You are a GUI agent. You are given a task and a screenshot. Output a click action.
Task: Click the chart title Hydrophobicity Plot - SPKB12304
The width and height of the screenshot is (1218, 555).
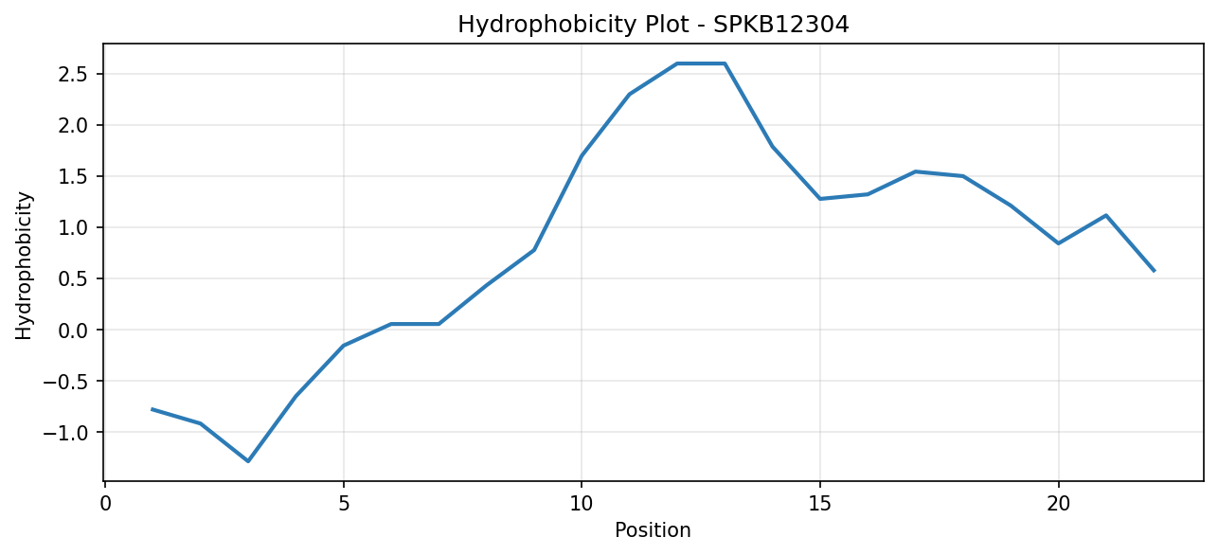(654, 25)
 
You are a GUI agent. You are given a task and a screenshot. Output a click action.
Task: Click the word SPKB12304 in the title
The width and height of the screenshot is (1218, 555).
(780, 25)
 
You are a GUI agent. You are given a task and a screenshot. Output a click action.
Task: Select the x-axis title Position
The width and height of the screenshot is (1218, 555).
(653, 530)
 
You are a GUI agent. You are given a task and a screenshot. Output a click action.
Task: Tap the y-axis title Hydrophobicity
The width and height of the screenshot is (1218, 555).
(24, 266)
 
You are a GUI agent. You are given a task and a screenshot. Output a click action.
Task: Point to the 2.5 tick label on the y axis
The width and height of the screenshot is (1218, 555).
(73, 74)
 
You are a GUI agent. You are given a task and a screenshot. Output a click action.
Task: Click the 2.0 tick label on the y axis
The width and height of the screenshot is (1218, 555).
(73, 125)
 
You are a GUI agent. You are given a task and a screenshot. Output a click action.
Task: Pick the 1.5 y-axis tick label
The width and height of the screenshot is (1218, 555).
(73, 176)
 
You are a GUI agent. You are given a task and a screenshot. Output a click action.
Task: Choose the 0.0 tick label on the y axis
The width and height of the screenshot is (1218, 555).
(73, 330)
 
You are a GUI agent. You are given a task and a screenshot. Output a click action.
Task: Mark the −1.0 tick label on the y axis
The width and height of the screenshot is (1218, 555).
(65, 432)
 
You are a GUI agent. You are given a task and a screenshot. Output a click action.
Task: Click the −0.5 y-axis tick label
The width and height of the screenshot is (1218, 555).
(65, 381)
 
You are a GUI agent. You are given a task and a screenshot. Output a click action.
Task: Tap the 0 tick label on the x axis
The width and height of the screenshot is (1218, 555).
(105, 504)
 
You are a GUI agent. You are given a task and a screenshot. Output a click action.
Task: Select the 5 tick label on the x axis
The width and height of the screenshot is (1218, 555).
(344, 504)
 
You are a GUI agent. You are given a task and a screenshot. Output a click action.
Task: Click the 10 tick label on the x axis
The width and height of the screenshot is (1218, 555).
(582, 504)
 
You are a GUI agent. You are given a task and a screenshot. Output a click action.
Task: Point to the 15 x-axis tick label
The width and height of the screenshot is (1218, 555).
(820, 504)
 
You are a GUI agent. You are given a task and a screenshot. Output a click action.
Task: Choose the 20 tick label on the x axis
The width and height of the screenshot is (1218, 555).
(1058, 504)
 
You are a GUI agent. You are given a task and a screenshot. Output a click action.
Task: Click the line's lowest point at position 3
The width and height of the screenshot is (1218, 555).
(248, 461)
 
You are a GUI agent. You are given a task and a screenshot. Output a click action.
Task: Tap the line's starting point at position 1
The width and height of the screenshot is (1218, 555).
(152, 409)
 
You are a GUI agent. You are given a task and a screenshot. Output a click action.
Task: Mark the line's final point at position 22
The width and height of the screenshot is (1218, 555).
(1154, 271)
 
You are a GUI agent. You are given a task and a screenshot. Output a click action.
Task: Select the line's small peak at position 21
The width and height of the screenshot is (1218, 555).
(1106, 215)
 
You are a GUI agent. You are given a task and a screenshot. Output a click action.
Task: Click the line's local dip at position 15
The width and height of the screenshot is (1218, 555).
(820, 199)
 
